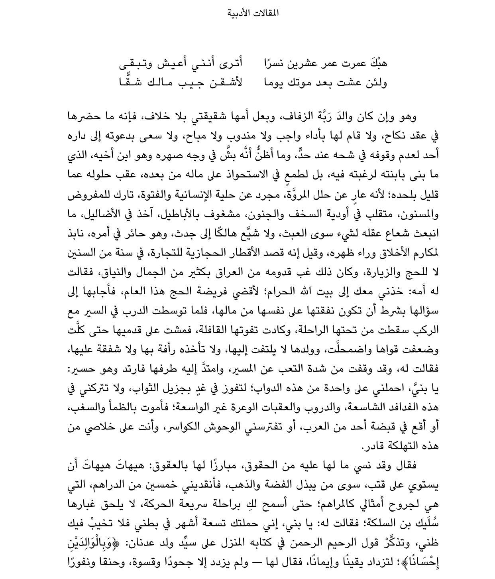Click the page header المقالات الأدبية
coord(253,13)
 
